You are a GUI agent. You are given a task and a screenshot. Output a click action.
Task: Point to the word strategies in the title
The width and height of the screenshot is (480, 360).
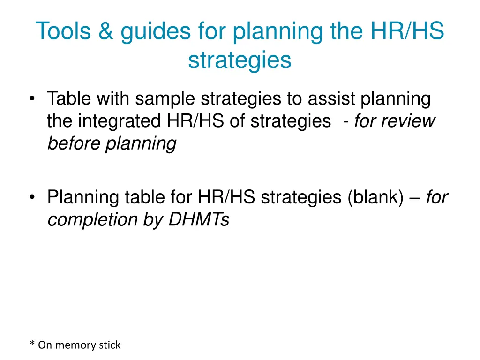point(240,60)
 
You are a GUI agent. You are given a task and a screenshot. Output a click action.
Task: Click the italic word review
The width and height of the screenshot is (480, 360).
point(408,121)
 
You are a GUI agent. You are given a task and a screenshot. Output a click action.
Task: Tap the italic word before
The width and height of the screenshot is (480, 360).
point(74,143)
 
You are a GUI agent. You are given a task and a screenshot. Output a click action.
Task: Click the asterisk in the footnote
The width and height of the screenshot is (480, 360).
point(32,345)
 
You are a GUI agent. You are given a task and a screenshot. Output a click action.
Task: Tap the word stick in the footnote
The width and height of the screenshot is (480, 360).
point(110,345)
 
